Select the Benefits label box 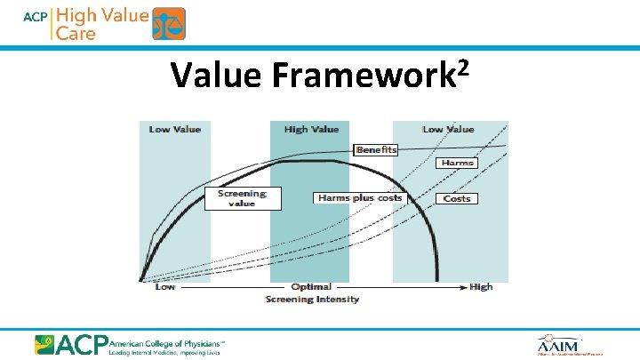[376, 150]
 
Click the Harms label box [457, 164]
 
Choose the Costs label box [457, 198]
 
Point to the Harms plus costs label [359, 198]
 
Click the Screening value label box [243, 198]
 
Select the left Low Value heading [175, 130]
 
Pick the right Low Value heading [449, 130]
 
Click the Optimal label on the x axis [311, 287]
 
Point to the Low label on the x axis [165, 287]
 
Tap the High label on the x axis [481, 287]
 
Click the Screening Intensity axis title [312, 300]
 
